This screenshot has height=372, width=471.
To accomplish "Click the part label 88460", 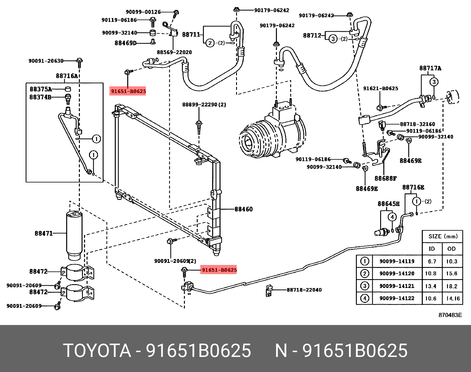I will (x=243, y=209).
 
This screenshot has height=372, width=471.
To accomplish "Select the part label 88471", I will (x=43, y=233).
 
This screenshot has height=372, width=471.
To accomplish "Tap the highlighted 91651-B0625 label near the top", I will (x=128, y=91).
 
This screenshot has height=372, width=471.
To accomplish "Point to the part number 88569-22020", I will (x=174, y=52).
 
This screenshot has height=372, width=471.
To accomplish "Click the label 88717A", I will (x=430, y=68).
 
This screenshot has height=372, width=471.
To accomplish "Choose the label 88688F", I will (x=385, y=178).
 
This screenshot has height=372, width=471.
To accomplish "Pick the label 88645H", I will (x=388, y=204).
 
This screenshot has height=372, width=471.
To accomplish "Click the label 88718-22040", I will (x=304, y=290).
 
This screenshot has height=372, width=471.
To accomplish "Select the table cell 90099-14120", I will (x=397, y=274).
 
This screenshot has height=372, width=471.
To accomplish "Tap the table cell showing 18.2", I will (x=451, y=286).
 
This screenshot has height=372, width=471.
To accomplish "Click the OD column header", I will (x=451, y=249).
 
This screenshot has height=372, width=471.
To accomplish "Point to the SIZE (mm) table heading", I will (x=443, y=236).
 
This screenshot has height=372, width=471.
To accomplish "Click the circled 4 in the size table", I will (x=364, y=298).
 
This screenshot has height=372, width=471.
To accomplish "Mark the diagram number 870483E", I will (x=450, y=315).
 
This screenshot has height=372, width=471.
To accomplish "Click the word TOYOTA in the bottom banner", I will (x=97, y=351).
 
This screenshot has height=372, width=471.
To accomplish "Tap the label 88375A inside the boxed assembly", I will (x=41, y=89).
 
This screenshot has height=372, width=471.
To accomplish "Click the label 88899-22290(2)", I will (x=204, y=105).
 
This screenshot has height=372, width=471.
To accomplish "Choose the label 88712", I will (x=312, y=35).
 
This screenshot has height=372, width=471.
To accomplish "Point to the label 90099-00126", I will (x=143, y=12).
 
